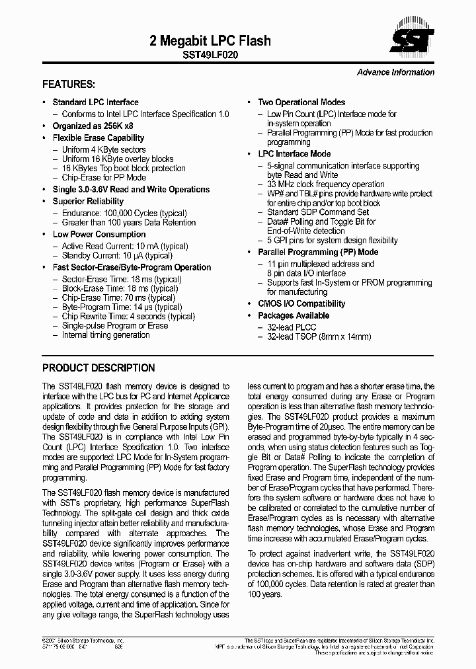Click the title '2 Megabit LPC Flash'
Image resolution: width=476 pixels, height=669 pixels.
(210, 41)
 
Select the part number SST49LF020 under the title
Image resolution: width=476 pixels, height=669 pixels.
(211, 56)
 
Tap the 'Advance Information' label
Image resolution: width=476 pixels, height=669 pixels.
(395, 73)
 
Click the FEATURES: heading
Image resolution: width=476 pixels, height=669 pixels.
(69, 85)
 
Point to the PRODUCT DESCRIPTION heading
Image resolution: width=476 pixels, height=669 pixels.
(99, 368)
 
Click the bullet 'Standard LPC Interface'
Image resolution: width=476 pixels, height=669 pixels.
(95, 102)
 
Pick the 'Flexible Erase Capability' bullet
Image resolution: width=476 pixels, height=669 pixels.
(98, 138)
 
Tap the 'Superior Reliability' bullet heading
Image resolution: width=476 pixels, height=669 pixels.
(88, 202)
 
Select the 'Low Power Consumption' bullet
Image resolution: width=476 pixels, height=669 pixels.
(99, 235)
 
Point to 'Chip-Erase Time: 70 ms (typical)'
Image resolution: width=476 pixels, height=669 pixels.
(122, 298)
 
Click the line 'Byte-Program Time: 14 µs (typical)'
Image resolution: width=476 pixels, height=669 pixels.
(122, 307)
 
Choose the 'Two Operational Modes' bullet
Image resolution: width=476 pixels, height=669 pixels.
(301, 102)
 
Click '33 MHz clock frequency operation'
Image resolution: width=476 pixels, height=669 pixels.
(325, 184)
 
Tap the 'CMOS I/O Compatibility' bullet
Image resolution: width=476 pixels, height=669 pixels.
(301, 304)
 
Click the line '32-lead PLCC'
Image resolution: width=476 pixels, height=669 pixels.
(292, 327)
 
